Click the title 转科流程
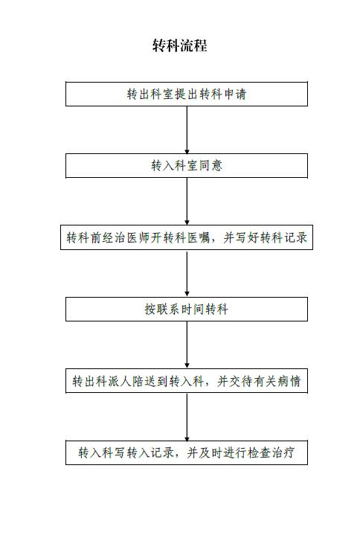(180, 45)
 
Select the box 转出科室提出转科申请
(187, 94)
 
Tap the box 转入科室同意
(187, 166)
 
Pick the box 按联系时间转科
(187, 309)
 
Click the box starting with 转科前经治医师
(187, 237)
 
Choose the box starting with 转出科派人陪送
(187, 381)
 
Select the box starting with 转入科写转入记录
(187, 452)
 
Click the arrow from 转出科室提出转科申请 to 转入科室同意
(187, 130)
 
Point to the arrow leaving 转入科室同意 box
(187, 202)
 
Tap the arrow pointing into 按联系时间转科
(187, 274)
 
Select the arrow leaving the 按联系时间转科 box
(187, 345)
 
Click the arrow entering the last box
(187, 417)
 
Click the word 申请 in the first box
(235, 94)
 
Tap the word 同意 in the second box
(210, 166)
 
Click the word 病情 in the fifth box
(289, 381)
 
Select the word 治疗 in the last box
(283, 452)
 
